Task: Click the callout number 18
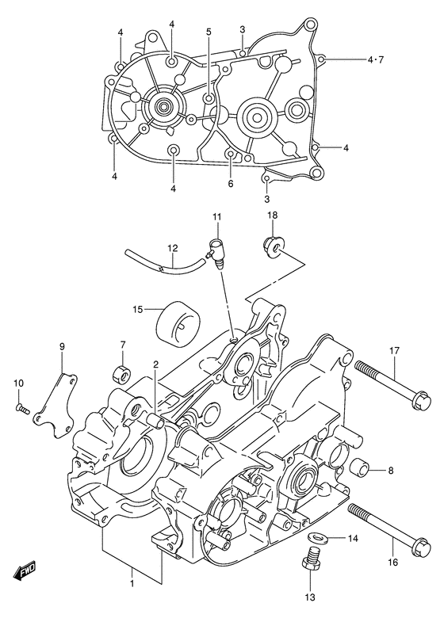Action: point(272,216)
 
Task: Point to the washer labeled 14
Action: point(316,539)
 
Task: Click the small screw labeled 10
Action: point(23,409)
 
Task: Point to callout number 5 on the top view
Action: point(209,32)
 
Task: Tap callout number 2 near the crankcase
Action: point(156,364)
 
